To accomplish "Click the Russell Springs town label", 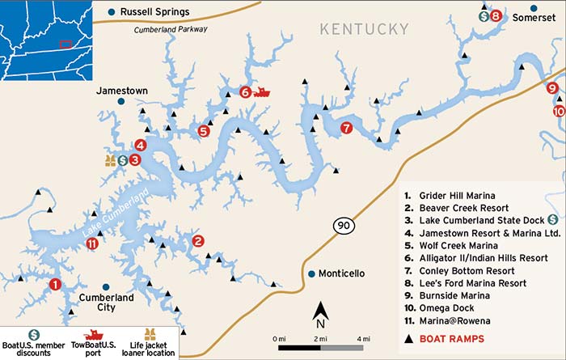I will coord(154,11).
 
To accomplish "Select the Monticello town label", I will coord(341,273).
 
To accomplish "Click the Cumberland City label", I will coord(106,303).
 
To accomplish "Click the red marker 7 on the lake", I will coord(346,128).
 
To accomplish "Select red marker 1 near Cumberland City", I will coord(55,284).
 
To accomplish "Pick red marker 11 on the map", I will coord(92,244).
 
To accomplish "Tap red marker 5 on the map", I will coord(204,130).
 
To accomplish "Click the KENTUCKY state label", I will coord(364,29).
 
